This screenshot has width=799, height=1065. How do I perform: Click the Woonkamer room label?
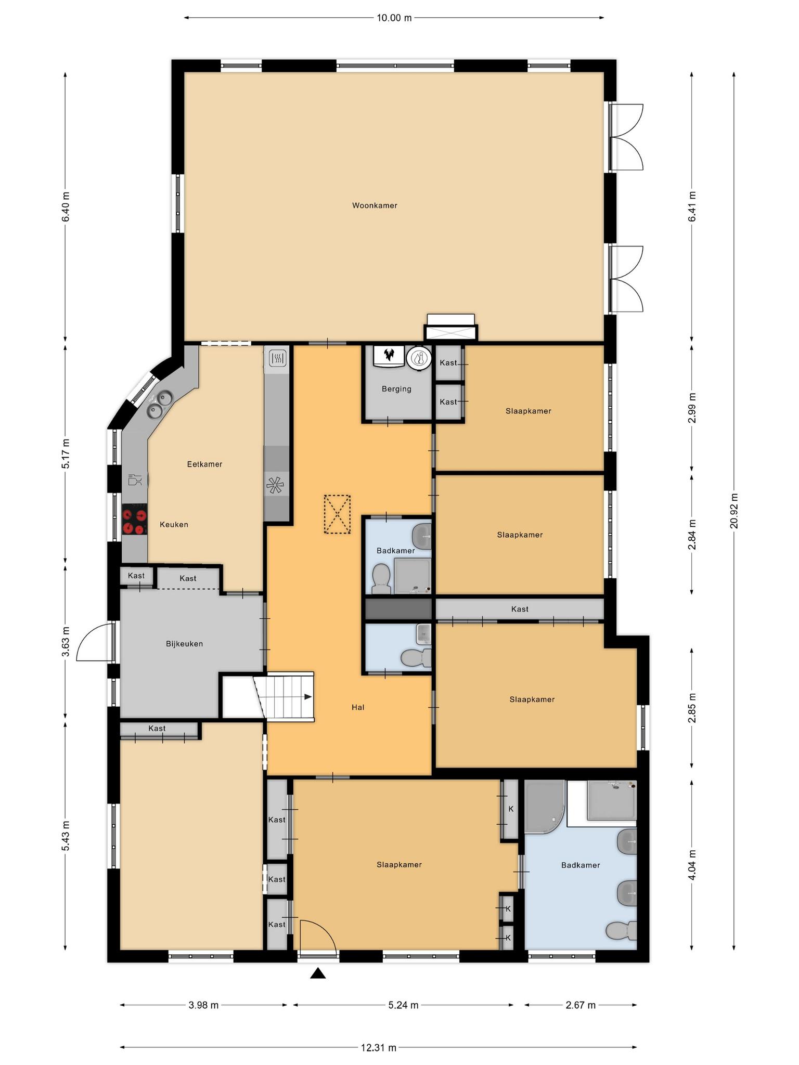375,205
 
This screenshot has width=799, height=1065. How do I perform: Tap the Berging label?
396,389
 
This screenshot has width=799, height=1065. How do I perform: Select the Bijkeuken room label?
184,644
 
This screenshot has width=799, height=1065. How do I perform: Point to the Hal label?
358,707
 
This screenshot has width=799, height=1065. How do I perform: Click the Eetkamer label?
204,464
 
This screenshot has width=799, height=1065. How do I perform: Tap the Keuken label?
174,525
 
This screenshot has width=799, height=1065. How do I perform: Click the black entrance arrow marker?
318,973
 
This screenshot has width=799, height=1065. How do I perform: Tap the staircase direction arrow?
307,697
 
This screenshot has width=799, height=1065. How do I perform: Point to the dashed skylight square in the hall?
337,514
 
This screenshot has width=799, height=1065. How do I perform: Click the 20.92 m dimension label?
734,511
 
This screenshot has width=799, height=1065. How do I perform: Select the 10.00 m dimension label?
394,18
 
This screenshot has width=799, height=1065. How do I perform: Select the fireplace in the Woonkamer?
451,328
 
